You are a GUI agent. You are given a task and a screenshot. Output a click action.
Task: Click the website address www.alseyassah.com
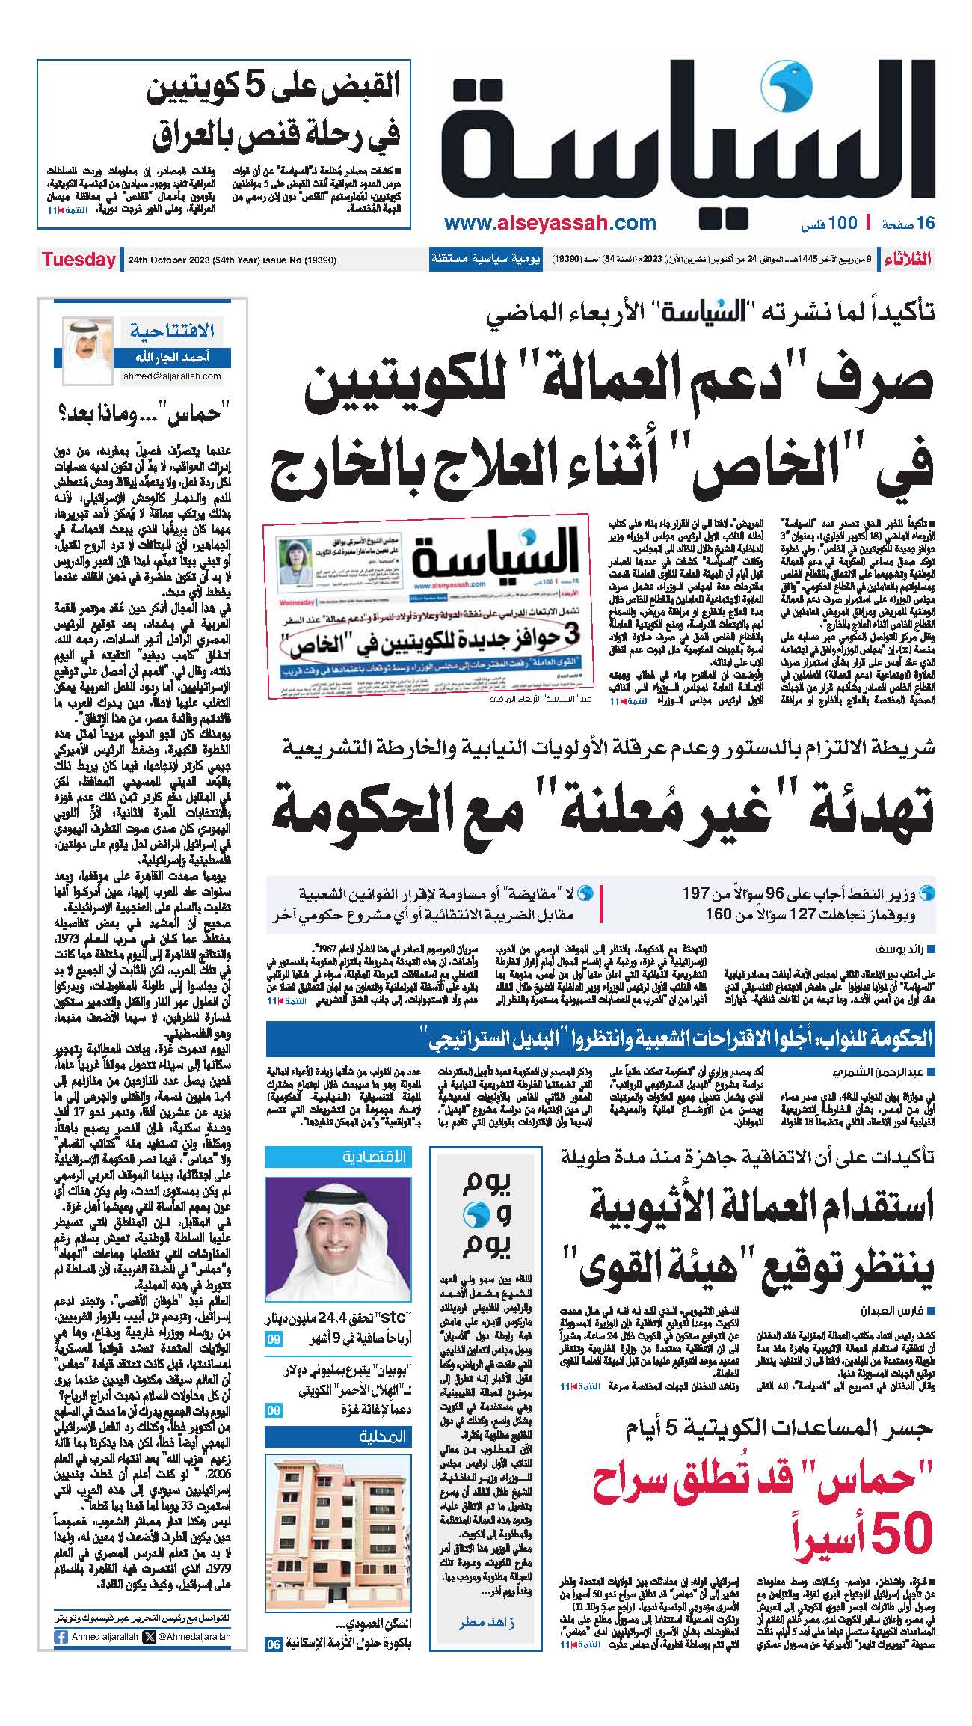tap(550, 223)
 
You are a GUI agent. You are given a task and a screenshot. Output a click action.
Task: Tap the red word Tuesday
tap(78, 260)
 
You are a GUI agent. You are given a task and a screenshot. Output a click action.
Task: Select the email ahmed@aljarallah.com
tap(172, 376)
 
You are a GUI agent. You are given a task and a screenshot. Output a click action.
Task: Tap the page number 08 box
tap(274, 1410)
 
